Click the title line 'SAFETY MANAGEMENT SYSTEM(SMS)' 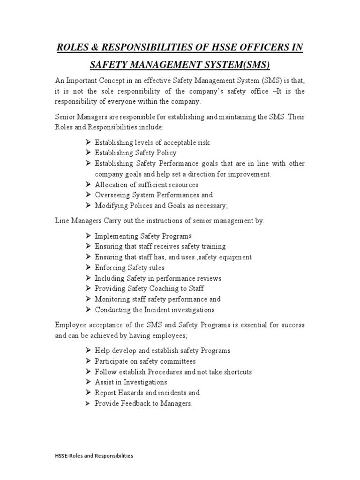click(x=180, y=64)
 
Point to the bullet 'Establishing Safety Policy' click(x=135, y=153)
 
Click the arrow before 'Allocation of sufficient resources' click(x=89, y=185)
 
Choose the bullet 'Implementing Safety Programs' click(x=143, y=236)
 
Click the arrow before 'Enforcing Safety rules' click(x=89, y=268)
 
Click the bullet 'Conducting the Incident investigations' click(x=154, y=310)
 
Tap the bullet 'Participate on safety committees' click(x=145, y=361)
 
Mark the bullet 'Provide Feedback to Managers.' click(x=143, y=404)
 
